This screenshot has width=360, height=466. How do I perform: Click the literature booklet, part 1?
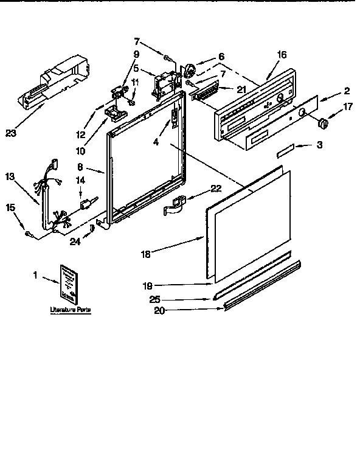pos(68,284)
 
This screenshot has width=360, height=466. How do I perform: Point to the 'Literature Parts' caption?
pos(71,310)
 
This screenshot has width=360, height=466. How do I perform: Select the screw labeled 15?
pos(28,234)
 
